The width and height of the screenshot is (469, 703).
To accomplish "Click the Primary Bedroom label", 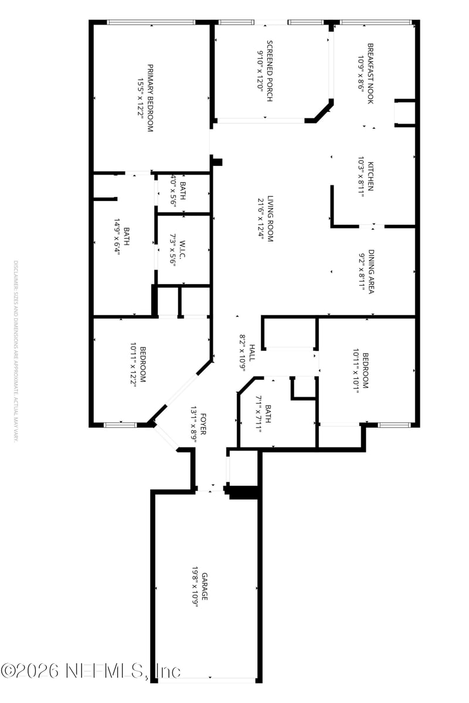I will click(150, 97).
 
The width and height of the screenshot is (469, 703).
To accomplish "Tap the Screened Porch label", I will click(270, 70).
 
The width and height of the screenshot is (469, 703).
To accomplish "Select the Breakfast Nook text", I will click(371, 73).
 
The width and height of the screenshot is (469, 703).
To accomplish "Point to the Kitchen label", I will click(371, 176).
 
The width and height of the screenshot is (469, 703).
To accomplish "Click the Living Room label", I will click(270, 219).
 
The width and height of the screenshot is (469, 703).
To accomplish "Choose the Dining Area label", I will click(371, 271).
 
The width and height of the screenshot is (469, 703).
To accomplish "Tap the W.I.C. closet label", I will click(183, 251).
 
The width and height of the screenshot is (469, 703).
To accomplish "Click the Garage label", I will click(205, 586).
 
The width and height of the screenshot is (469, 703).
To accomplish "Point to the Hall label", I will click(252, 352).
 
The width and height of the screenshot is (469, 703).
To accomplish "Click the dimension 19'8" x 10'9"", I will click(195, 586).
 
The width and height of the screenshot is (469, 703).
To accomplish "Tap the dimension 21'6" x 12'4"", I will click(260, 219).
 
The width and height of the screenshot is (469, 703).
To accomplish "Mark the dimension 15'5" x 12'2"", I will click(140, 97).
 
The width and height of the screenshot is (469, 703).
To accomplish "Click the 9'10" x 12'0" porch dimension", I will click(260, 70).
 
